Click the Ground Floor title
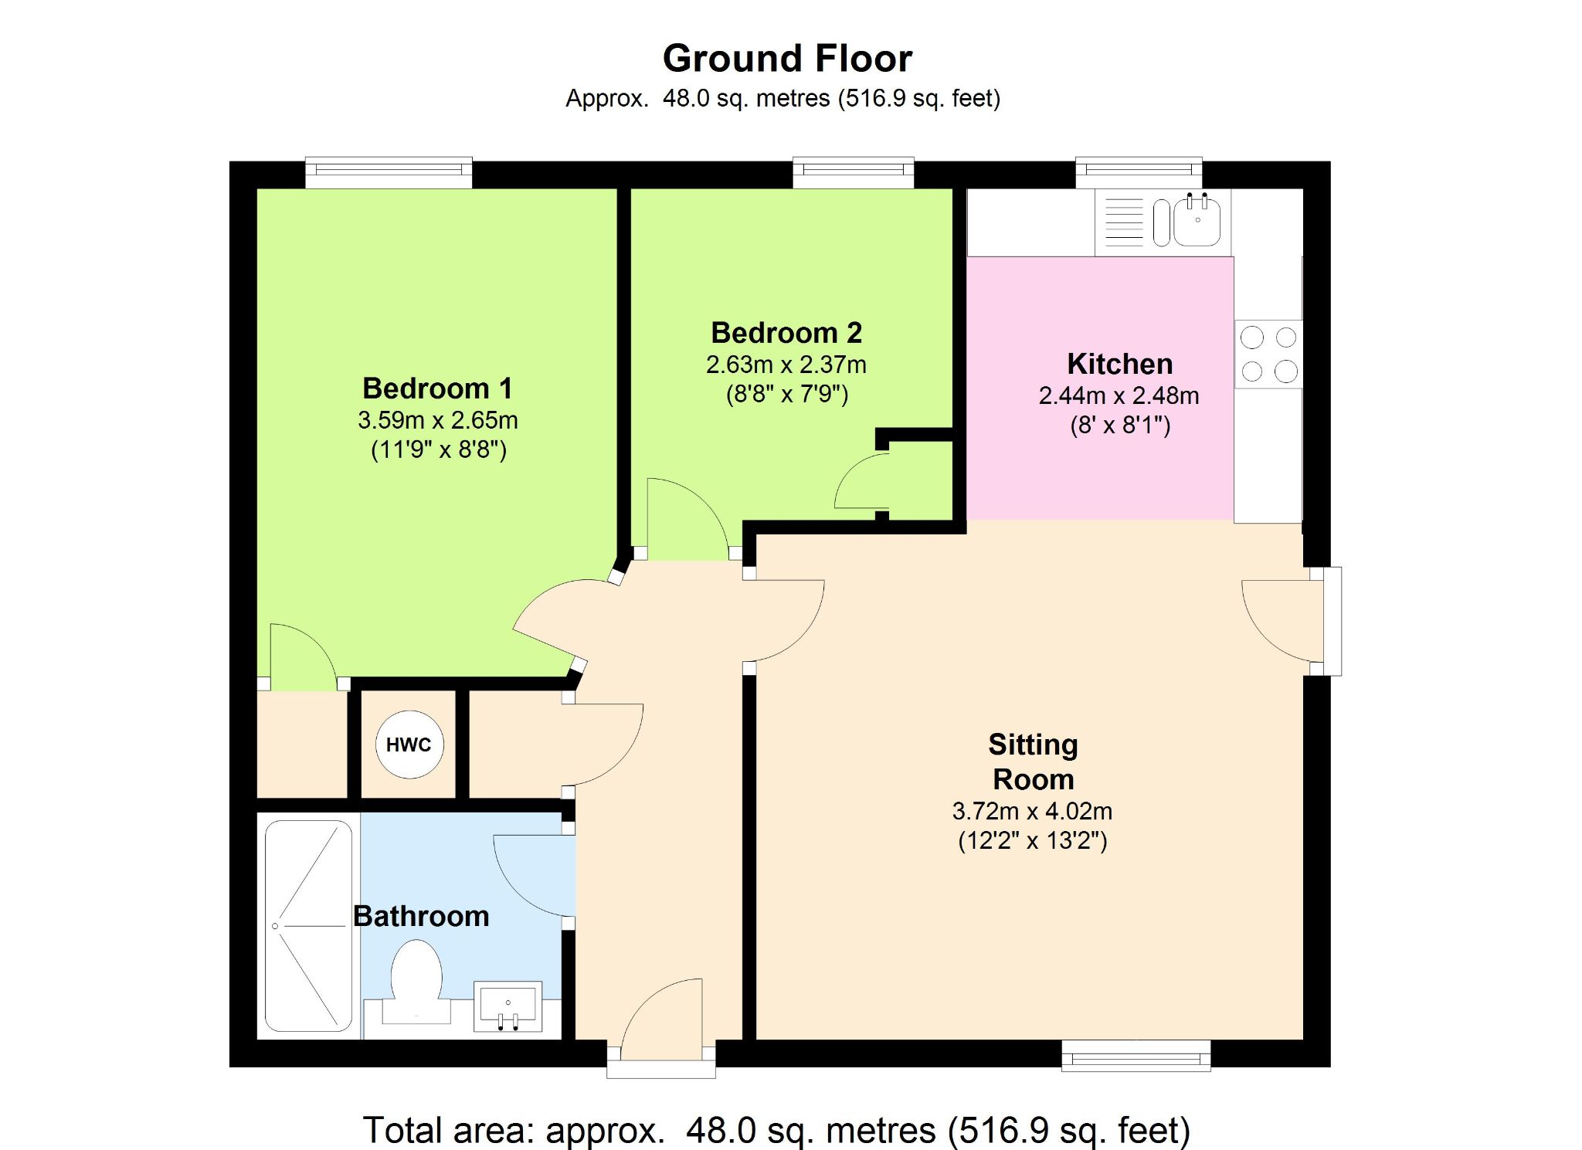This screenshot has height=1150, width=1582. [x=787, y=59]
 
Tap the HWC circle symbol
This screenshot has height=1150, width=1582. [x=409, y=745]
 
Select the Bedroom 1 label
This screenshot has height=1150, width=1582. [x=437, y=388]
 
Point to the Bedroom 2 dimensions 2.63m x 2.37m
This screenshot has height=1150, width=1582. [x=786, y=365]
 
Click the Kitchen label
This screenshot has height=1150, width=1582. [x=1120, y=364]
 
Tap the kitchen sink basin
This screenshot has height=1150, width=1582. [x=1197, y=221]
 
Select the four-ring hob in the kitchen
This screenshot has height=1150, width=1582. [x=1268, y=354]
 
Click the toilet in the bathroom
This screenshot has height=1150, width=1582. [x=416, y=982]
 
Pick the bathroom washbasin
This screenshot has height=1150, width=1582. [x=508, y=1006]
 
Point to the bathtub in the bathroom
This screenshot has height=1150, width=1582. [x=309, y=925]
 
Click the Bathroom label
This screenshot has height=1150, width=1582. [x=421, y=916]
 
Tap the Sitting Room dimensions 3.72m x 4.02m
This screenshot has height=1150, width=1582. [x=1032, y=811]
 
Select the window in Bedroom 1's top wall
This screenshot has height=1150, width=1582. [x=389, y=172]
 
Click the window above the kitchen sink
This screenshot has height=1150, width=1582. [x=1139, y=172]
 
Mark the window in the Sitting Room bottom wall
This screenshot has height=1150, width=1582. [x=1136, y=1055]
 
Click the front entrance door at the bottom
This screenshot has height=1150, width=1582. [x=661, y=1027]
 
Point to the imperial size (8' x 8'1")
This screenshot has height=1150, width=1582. [x=1120, y=426]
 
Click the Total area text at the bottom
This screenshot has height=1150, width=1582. [x=776, y=1131]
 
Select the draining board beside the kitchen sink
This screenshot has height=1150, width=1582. [x=1124, y=222]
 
